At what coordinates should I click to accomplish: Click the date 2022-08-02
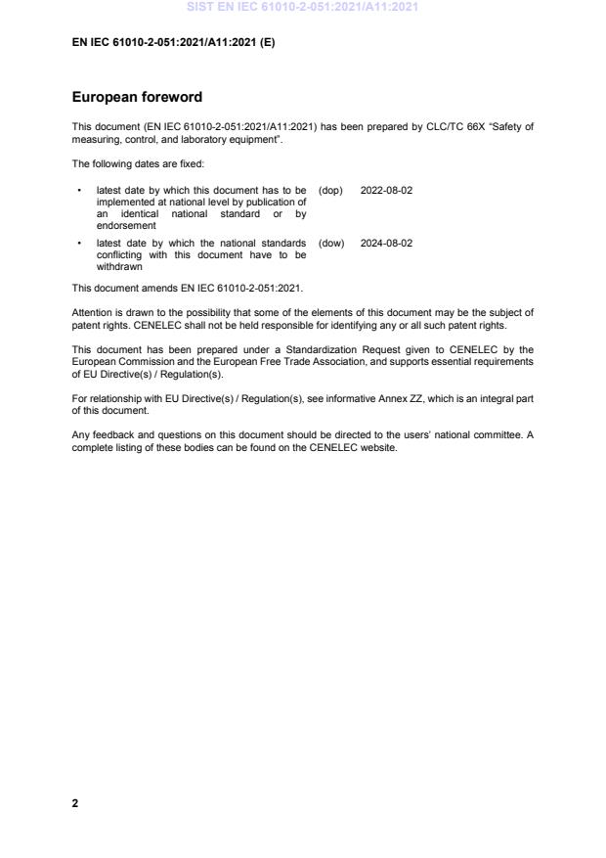tap(386, 190)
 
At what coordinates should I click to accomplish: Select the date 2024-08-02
tap(386, 243)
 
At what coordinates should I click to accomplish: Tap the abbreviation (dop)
tap(331, 190)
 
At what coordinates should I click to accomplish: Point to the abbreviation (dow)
tap(331, 243)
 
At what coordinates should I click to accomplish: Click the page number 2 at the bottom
tap(75, 803)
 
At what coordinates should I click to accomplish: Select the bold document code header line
tap(173, 42)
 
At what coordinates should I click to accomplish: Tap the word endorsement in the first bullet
tap(119, 225)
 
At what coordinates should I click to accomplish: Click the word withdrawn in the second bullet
tap(115, 266)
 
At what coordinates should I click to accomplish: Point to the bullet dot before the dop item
tap(78, 190)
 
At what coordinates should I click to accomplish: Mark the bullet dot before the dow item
tap(78, 243)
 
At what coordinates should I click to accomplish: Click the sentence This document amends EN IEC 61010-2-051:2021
tap(188, 289)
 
